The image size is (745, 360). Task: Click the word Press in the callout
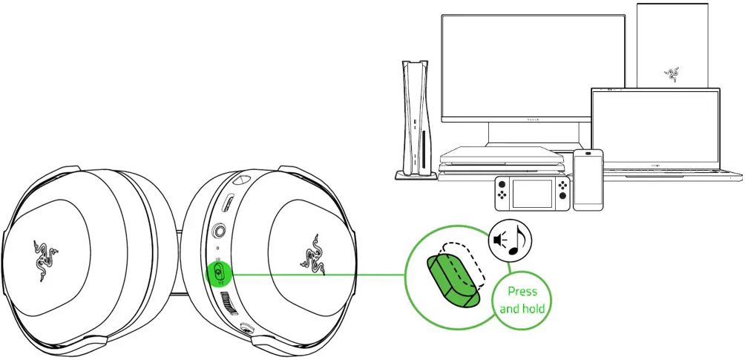pos(523,291)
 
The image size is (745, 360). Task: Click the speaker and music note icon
pos(510,240)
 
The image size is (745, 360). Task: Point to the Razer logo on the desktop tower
pos(672,73)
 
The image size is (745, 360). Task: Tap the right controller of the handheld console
pos(562,193)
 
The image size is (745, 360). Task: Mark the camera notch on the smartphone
pos(588,155)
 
